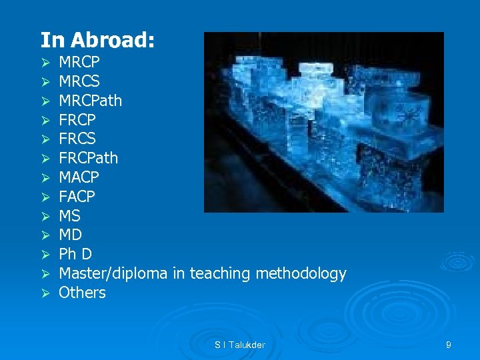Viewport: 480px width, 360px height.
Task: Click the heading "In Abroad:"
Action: pyautogui.click(x=98, y=40)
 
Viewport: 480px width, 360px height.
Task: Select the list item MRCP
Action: pyautogui.click(x=79, y=63)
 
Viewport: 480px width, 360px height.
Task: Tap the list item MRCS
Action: pyautogui.click(x=79, y=82)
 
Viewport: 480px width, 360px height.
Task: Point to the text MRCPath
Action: pyautogui.click(x=90, y=101)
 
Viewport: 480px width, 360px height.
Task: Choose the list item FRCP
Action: pyautogui.click(x=77, y=120)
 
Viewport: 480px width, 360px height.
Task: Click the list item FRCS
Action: pyautogui.click(x=77, y=139)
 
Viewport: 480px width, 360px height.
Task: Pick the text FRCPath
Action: pyautogui.click(x=88, y=158)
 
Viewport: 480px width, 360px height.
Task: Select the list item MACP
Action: pyautogui.click(x=79, y=177)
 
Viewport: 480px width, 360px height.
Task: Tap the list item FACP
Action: pyautogui.click(x=77, y=197)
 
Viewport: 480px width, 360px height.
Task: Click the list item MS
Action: pyautogui.click(x=69, y=216)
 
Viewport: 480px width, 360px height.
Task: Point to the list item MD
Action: pyautogui.click(x=70, y=235)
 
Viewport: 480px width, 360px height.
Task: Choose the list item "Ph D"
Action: pyautogui.click(x=75, y=254)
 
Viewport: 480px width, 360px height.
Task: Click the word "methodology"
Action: pyautogui.click(x=305, y=273)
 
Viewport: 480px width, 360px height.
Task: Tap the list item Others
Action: pyautogui.click(x=82, y=292)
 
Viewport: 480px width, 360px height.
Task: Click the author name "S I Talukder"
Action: pyautogui.click(x=240, y=345)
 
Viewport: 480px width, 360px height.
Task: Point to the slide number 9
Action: pyautogui.click(x=449, y=345)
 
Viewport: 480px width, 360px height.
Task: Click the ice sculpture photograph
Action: pyautogui.click(x=323, y=122)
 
